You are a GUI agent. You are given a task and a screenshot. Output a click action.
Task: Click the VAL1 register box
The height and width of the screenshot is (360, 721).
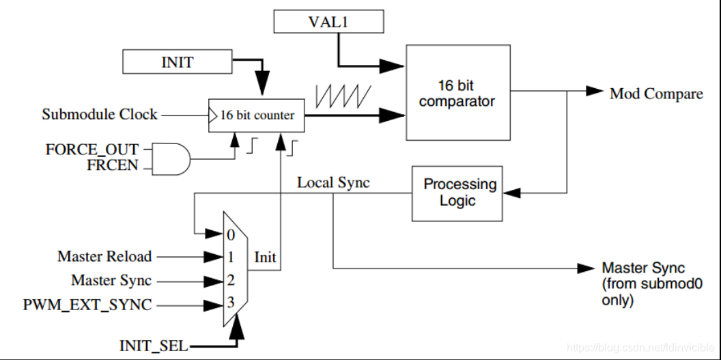click(x=329, y=22)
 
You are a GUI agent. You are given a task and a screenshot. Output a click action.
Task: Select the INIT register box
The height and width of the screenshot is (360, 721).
click(x=177, y=62)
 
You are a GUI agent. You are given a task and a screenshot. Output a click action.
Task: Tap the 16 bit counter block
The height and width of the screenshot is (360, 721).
click(x=257, y=115)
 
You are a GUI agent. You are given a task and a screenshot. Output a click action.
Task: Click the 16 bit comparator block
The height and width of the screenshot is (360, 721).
click(x=458, y=92)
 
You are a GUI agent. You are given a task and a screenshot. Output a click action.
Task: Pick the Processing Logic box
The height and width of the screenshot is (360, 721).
click(x=457, y=193)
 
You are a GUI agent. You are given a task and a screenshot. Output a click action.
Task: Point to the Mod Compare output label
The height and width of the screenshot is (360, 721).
click(x=656, y=94)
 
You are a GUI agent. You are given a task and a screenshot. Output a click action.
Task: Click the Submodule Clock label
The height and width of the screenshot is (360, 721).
click(x=99, y=115)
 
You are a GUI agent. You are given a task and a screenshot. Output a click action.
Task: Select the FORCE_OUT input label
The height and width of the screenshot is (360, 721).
click(x=92, y=150)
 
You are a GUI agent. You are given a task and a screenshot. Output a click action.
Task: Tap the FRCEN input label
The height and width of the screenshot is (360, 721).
click(x=113, y=165)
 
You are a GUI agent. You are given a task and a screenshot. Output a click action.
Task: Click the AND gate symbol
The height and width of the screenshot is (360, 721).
click(x=170, y=159)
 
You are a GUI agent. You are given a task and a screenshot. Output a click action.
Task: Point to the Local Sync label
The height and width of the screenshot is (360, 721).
click(x=333, y=182)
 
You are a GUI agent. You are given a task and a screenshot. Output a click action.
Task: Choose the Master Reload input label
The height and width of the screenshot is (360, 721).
click(x=104, y=256)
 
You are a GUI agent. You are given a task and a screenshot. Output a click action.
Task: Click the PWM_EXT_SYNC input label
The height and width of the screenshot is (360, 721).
click(x=87, y=305)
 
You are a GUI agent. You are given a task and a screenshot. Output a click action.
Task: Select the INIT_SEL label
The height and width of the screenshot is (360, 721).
click(x=154, y=346)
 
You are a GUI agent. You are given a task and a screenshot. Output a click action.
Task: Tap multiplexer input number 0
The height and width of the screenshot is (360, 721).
click(x=230, y=235)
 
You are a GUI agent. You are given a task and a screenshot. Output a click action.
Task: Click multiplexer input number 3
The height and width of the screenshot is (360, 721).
click(x=230, y=303)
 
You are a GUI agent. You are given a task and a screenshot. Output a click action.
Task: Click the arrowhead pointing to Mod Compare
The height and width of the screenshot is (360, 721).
click(x=595, y=91)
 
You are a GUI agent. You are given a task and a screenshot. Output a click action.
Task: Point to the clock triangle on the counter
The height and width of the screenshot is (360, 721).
click(x=212, y=115)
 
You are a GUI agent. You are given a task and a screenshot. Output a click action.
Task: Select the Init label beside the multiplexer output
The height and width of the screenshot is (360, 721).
click(x=266, y=257)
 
